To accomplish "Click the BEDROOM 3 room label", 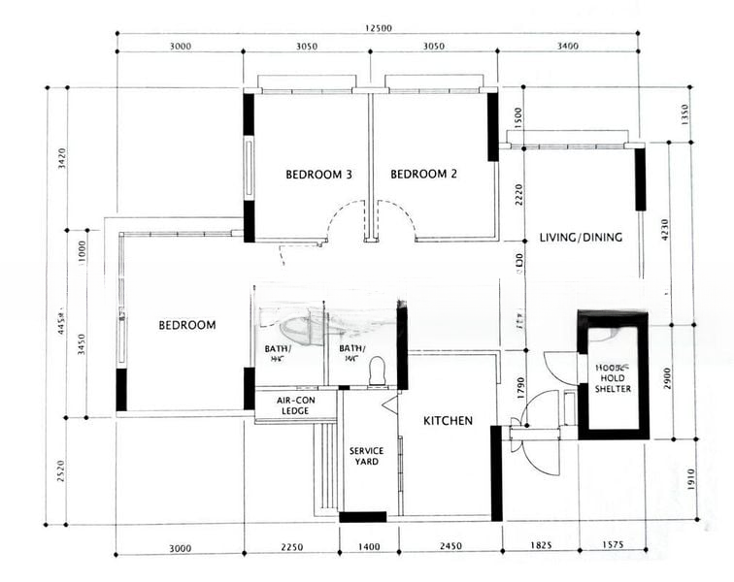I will (x=318, y=175).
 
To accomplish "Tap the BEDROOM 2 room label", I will (x=423, y=175).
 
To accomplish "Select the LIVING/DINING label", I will (x=581, y=238).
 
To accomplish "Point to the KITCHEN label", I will (x=449, y=421).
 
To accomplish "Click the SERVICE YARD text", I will (x=367, y=456).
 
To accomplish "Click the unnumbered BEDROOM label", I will (x=187, y=325).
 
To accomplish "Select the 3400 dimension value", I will (x=562, y=46).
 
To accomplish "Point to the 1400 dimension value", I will (x=369, y=548).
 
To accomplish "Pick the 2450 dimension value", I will (x=448, y=548).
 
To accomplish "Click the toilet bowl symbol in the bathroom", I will (x=378, y=369).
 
